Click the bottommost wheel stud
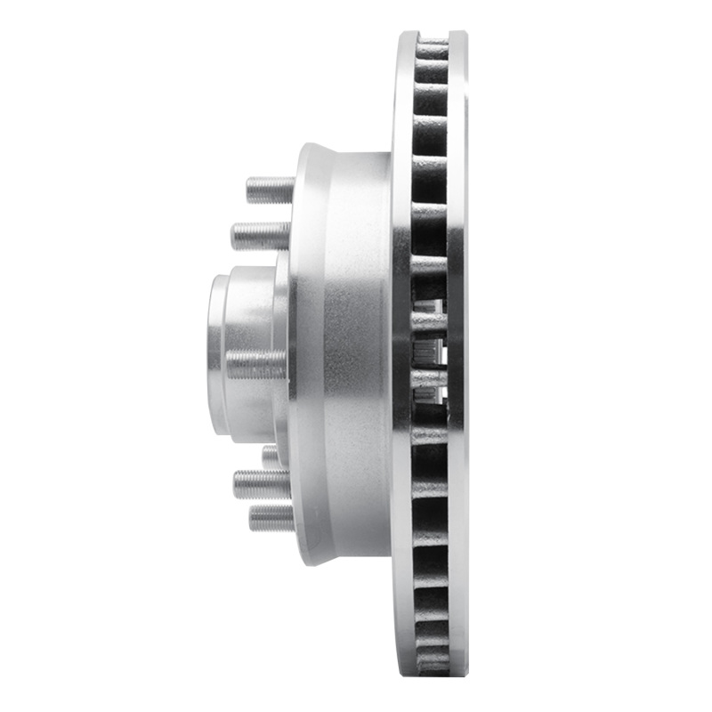tap(271, 517)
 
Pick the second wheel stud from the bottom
tap(262, 484)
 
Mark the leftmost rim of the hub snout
tap(214, 356)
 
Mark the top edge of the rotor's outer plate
tap(457, 36)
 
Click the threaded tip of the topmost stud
tap(250, 189)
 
